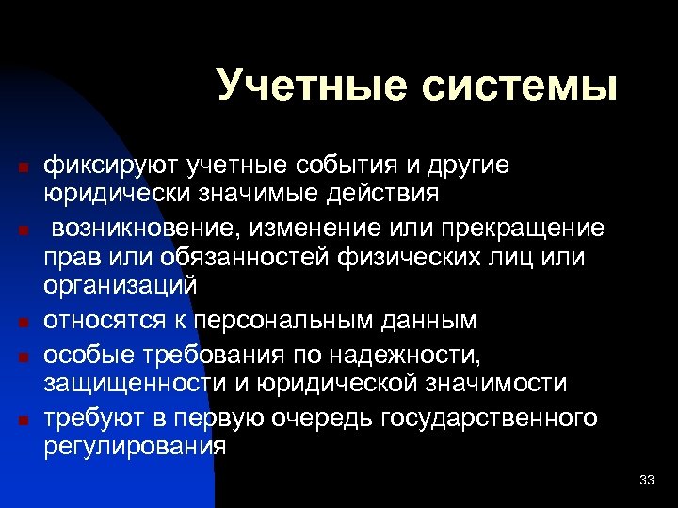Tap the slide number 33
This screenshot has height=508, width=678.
tap(646, 481)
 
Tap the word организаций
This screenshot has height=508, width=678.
tap(120, 287)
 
